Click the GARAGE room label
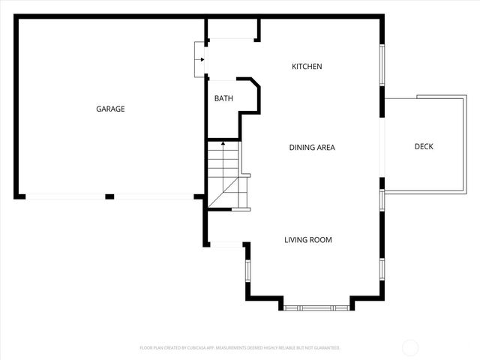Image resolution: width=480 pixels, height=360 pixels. (110, 109)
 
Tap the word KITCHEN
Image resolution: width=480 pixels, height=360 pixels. (307, 67)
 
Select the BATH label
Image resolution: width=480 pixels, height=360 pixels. (223, 98)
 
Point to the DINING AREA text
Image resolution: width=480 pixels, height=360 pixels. (312, 147)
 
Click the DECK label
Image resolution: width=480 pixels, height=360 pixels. (424, 146)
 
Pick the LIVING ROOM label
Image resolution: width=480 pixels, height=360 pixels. (307, 240)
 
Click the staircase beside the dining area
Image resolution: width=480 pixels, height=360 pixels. (223, 176)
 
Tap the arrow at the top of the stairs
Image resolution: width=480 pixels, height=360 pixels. (223, 145)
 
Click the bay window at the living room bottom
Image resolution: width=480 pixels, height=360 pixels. (316, 307)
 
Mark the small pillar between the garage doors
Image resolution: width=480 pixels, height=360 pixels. (109, 196)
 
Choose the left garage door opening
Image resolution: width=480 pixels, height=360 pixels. (64, 196)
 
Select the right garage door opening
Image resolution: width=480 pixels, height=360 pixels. (154, 196)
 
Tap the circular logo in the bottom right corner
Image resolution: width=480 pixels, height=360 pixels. (410, 347)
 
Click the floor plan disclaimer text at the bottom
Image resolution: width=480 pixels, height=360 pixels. (240, 348)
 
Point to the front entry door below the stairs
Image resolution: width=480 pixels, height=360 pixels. (226, 244)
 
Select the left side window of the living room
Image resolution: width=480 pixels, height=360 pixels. (247, 271)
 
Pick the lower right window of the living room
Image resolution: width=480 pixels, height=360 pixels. (382, 268)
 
